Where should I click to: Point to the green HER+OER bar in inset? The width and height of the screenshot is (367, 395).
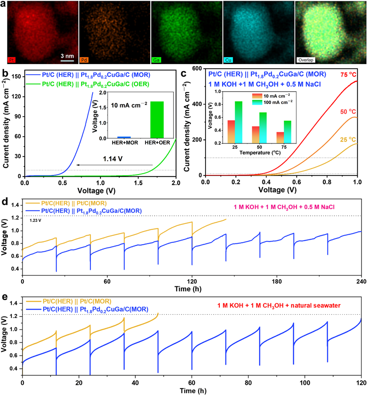click(156, 119)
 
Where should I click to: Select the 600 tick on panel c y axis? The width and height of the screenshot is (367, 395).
click(196, 69)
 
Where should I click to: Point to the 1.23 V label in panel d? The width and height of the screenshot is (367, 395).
click(35, 220)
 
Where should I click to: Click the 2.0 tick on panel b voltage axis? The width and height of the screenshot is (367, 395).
click(176, 182)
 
